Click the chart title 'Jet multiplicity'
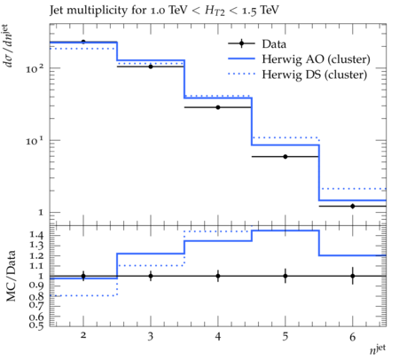point(98,11)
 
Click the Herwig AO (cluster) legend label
point(316,59)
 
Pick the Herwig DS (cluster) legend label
point(315,74)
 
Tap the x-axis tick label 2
point(83,335)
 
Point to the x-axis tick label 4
point(218,336)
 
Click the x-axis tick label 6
point(353,337)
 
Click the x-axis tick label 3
point(151,336)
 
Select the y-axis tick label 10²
point(35,68)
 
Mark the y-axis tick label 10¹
point(35,141)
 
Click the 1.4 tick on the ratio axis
point(36,235)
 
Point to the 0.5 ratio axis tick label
point(36,325)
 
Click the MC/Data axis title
point(12,276)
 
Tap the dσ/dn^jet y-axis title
point(10,46)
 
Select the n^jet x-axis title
point(378,349)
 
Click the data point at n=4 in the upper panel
point(218,107)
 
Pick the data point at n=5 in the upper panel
point(286,157)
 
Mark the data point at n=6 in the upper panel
point(353,207)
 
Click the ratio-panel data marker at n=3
point(151,276)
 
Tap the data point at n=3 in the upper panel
point(151,67)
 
